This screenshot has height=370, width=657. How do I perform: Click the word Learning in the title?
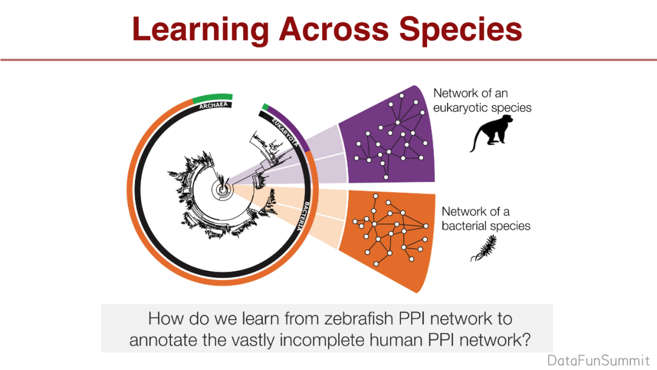(201, 29)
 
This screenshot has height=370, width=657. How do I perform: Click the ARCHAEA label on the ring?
(214, 104)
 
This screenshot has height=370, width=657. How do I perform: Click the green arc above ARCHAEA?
(213, 97)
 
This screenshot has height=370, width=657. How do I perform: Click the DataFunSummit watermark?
(599, 359)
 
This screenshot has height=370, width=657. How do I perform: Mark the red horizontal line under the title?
(328, 60)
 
